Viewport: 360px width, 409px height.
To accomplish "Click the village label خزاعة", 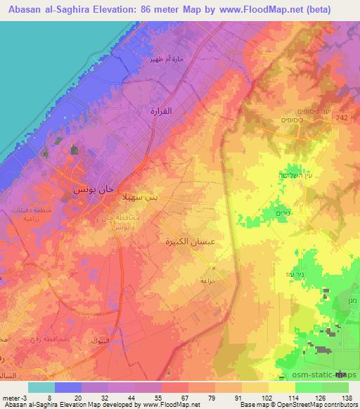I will [209, 278].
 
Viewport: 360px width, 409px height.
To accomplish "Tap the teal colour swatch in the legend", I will [41, 387].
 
